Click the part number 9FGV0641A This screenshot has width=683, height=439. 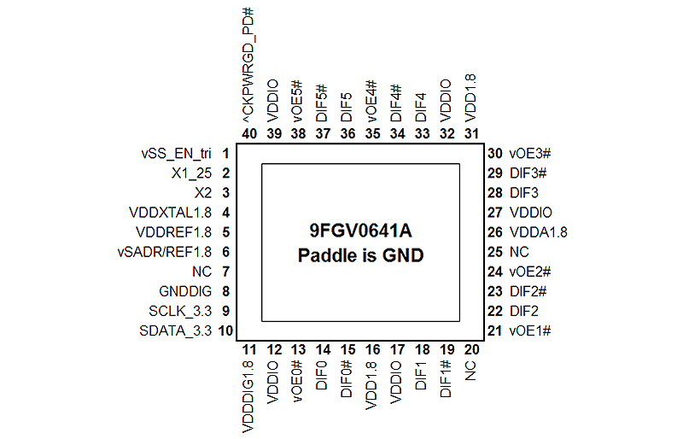point(360,231)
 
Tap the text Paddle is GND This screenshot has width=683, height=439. point(360,255)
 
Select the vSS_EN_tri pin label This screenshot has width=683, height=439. point(177,154)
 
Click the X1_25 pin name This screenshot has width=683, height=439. point(191,173)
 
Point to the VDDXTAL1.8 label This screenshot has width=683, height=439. point(170,213)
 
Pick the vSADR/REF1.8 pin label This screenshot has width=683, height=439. point(165,252)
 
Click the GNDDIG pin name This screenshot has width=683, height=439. point(185,291)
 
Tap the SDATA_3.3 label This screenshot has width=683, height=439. point(176,331)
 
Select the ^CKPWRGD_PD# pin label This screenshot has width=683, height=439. point(249,66)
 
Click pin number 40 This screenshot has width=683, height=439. point(249,133)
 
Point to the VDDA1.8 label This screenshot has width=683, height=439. point(539,232)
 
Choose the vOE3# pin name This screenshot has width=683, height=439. point(530,154)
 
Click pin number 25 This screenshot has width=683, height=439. point(495,252)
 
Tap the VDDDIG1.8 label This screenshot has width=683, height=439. point(248,396)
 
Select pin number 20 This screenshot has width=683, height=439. point(472,349)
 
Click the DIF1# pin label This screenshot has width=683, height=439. point(446,379)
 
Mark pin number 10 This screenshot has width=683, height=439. point(225,331)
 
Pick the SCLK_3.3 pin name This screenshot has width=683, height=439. point(180,311)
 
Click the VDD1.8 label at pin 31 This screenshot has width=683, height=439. point(471,98)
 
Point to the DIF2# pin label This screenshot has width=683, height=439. point(528,291)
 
